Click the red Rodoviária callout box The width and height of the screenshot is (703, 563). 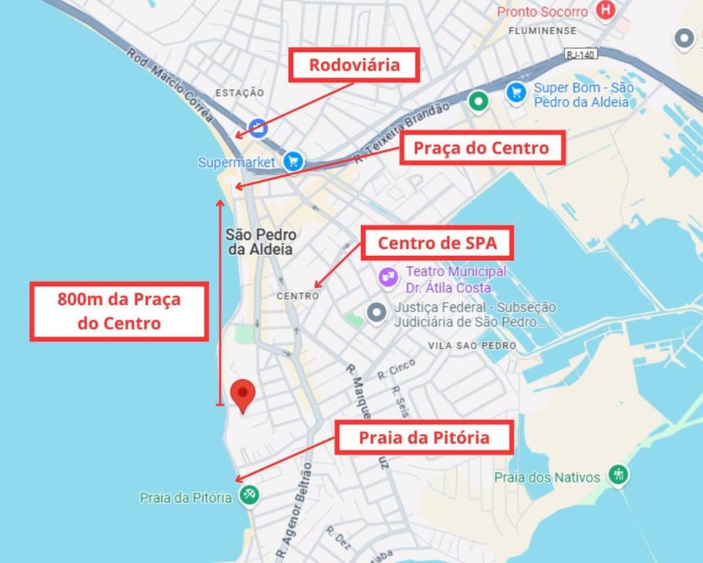point(354,65)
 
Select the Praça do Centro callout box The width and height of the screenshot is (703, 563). point(481,148)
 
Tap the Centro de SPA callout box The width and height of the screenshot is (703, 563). point(437,243)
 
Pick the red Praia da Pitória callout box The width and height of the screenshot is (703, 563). point(423,438)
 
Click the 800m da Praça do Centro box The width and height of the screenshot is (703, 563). point(119,310)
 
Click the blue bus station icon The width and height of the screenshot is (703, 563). point(258,128)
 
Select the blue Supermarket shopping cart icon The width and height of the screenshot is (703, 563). point(294,161)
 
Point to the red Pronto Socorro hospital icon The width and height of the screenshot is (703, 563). point(605,11)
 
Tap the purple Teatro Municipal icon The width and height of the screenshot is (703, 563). point(387,277)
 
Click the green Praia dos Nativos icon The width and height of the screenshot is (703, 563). point(619,474)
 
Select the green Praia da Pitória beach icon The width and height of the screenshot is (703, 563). point(250,495)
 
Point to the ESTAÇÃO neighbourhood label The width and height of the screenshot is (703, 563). point(239,92)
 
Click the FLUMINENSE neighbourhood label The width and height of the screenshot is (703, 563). point(542,31)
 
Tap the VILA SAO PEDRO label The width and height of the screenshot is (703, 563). point(472,345)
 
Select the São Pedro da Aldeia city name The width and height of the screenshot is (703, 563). point(261,242)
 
